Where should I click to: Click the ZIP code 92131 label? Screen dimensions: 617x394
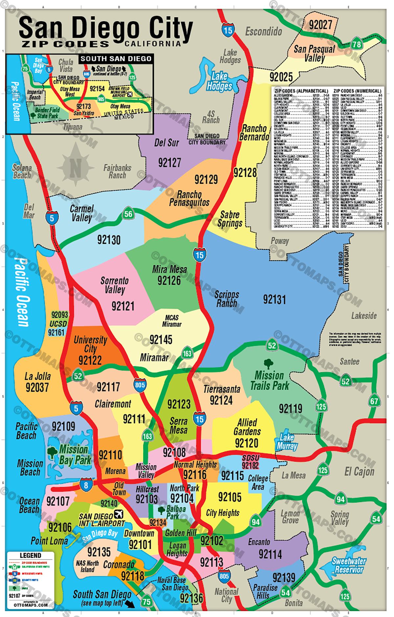[274, 299]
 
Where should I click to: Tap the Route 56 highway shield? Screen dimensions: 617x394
[128, 214]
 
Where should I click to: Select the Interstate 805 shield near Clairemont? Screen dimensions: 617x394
[140, 385]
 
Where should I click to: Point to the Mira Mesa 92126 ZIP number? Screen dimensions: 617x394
[169, 281]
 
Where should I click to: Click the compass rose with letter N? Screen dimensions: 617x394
[76, 168]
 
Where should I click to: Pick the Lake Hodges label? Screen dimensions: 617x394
[219, 81]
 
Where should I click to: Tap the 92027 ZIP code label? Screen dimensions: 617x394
[320, 25]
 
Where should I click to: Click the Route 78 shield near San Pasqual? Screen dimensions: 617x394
[357, 44]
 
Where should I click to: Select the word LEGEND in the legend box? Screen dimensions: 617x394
[31, 555]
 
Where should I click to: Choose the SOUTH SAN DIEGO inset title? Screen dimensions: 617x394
[116, 59]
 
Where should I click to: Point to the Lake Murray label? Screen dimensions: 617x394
[287, 442]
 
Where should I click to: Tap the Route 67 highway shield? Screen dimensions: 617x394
[374, 401]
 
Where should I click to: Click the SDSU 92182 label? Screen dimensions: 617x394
[251, 462]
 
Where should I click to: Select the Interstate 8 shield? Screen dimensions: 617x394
[86, 485]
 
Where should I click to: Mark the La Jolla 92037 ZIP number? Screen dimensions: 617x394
[37, 388]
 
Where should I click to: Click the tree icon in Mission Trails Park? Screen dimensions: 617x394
[269, 364]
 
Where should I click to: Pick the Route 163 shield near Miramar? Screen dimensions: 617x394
[187, 353]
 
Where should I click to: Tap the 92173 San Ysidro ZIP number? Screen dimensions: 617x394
[84, 107]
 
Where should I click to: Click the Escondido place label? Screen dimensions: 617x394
[264, 31]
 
